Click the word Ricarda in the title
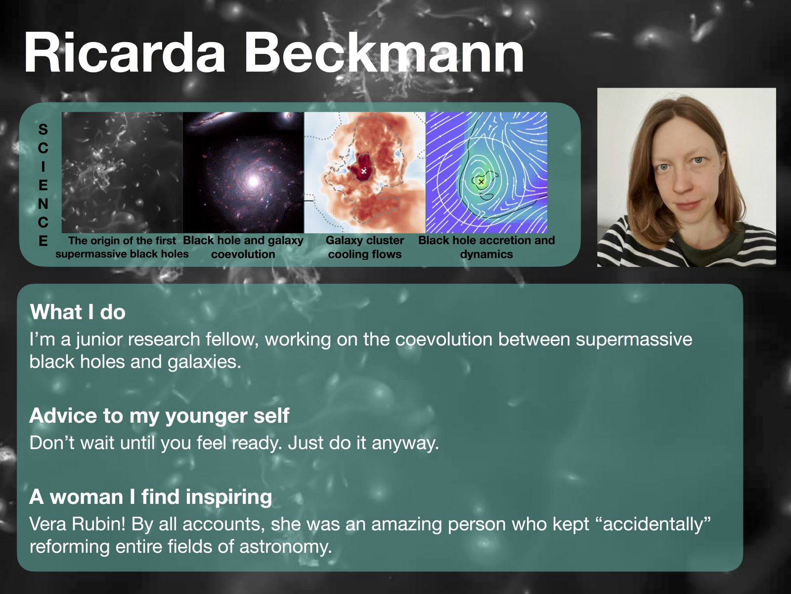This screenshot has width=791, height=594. pyautogui.click(x=124, y=52)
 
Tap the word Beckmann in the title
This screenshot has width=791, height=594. pyautogui.click(x=384, y=52)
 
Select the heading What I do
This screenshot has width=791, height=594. pyautogui.click(x=78, y=312)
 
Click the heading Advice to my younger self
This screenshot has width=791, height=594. pyautogui.click(x=159, y=415)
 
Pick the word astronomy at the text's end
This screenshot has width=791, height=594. pyautogui.click(x=285, y=547)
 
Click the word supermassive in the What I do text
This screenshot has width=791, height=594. pyautogui.click(x=634, y=340)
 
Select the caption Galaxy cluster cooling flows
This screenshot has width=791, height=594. pyautogui.click(x=365, y=247)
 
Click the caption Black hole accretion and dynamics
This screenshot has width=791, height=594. pyautogui.click(x=486, y=247)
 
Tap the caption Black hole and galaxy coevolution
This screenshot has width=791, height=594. pyautogui.click(x=243, y=247)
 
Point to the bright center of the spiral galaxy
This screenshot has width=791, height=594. pyautogui.click(x=253, y=181)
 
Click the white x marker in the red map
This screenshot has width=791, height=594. pyautogui.click(x=363, y=171)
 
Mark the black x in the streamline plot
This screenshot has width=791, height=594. pyautogui.click(x=481, y=181)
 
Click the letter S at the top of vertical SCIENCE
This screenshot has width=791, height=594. pyautogui.click(x=43, y=130)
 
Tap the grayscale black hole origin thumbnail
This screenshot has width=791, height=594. pyautogui.click(x=122, y=172)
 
